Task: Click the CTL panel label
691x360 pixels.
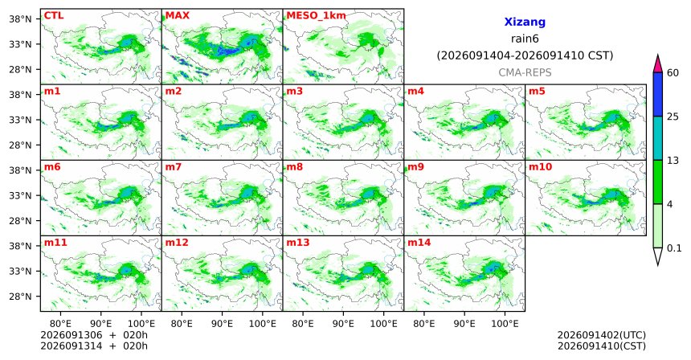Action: pos(54,16)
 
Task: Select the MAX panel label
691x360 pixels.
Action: pos(177,16)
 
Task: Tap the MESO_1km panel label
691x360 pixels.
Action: pos(316,16)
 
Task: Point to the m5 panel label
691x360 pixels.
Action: pos(537,92)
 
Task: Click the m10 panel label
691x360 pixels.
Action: pos(540,167)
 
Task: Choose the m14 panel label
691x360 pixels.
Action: pos(419,243)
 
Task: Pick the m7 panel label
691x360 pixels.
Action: pos(174,167)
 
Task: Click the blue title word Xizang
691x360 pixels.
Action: pos(525,22)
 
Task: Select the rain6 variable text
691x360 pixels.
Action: pos(525,39)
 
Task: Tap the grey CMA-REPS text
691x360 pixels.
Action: pos(525,72)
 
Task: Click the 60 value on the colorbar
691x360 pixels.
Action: pos(673,72)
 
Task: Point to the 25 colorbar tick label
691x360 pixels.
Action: pos(673,117)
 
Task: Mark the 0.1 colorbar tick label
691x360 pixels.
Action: pos(674,248)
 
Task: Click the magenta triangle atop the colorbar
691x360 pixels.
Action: pos(658,64)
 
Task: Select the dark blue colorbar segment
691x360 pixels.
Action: pos(658,94)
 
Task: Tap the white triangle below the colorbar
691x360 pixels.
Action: pos(658,256)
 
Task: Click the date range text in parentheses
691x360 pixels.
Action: pos(525,55)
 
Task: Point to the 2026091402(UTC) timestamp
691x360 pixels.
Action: pos(602,336)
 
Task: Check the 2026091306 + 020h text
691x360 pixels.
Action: pos(94,335)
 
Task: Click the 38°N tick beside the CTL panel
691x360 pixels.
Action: pos(20,19)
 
